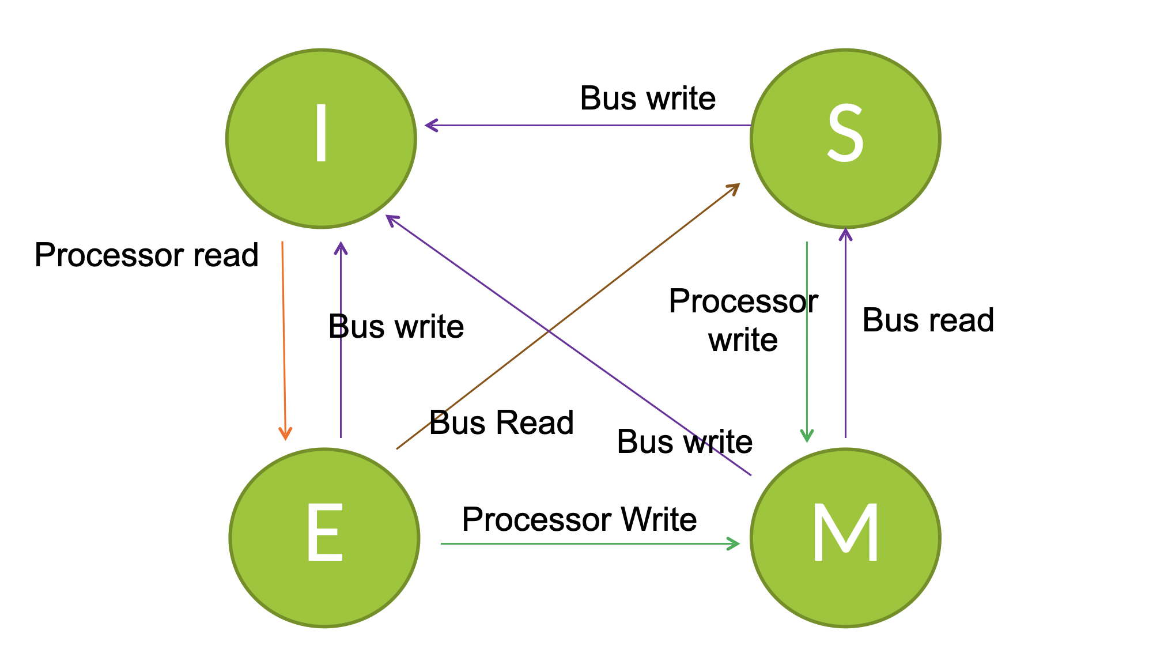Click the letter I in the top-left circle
coord(322,133)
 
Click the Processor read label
coord(146,255)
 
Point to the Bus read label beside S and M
coord(928,320)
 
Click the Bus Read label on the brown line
coord(501,422)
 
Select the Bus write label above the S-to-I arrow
coord(648,98)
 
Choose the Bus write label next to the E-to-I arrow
coord(396,327)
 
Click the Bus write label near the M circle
coord(685,442)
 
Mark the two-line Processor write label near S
coord(743,320)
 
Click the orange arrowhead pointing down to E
coord(285,435)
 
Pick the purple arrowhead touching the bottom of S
coord(845,233)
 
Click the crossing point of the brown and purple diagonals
coord(549,332)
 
